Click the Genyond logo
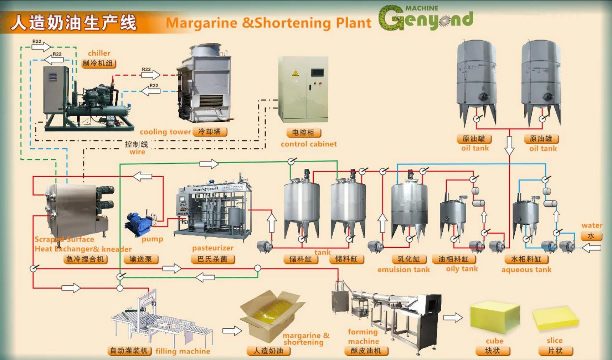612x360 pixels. pyautogui.click(x=426, y=19)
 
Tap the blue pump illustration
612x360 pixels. pyautogui.click(x=140, y=224)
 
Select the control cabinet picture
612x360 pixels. pyautogui.click(x=304, y=89)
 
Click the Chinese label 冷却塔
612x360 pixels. pyautogui.click(x=210, y=132)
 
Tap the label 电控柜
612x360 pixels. pyautogui.click(x=303, y=133)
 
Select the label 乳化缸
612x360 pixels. pyautogui.click(x=409, y=259)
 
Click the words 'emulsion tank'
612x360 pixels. pyautogui.click(x=404, y=269)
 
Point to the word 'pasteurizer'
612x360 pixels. pyautogui.click(x=213, y=248)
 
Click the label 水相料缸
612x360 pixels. pyautogui.click(x=526, y=259)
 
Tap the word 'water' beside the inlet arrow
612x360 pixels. pyautogui.click(x=592, y=225)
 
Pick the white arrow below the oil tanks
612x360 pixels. pyautogui.click(x=509, y=145)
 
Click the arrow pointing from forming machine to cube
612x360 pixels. pyautogui.click(x=453, y=318)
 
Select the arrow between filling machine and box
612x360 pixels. pyautogui.click(x=232, y=331)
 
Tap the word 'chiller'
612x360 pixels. pyautogui.click(x=99, y=53)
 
